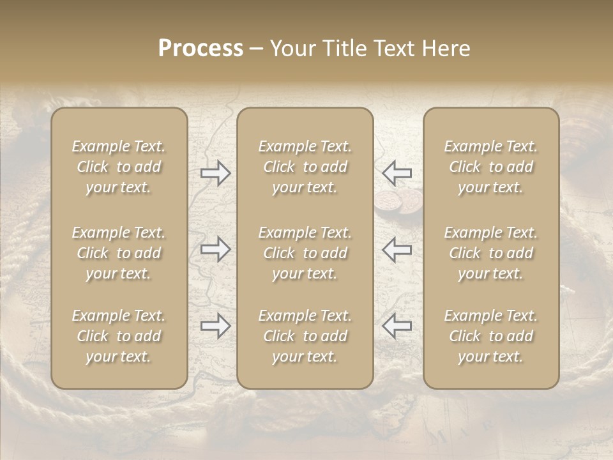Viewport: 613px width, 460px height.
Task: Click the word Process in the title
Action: pyautogui.click(x=201, y=49)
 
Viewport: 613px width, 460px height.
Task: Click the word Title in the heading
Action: pyautogui.click(x=344, y=49)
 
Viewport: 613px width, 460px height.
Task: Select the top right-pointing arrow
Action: pyautogui.click(x=215, y=173)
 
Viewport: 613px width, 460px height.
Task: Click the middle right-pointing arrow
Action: pyautogui.click(x=215, y=249)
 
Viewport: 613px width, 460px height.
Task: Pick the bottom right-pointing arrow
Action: pyautogui.click(x=215, y=326)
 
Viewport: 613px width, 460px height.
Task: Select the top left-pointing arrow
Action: pyautogui.click(x=397, y=173)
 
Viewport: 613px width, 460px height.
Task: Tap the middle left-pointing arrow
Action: pyautogui.click(x=397, y=249)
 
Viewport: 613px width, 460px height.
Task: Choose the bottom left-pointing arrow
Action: pyautogui.click(x=397, y=326)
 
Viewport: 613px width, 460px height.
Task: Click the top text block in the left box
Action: pyautogui.click(x=119, y=167)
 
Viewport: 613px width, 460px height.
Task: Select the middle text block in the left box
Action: pyautogui.click(x=119, y=253)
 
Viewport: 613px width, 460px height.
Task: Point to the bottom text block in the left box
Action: pyautogui.click(x=119, y=336)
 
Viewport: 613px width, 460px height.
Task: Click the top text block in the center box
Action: pyautogui.click(x=305, y=167)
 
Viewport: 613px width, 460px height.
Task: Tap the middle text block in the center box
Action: pyautogui.click(x=305, y=253)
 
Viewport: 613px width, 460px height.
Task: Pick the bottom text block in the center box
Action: pyautogui.click(x=305, y=336)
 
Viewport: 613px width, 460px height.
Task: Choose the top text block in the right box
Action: pyautogui.click(x=490, y=167)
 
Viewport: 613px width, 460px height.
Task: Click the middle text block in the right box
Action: pyautogui.click(x=490, y=253)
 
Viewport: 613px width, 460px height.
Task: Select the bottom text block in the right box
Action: pyautogui.click(x=490, y=336)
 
